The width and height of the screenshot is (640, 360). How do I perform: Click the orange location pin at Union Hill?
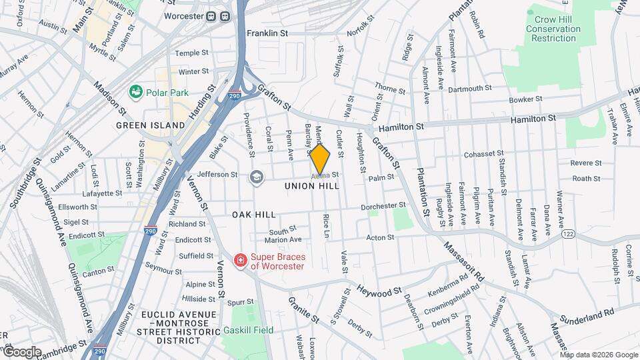tap(320, 159)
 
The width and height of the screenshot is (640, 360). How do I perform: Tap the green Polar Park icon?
tap(137, 91)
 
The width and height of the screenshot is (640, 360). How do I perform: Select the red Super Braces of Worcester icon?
tap(239, 260)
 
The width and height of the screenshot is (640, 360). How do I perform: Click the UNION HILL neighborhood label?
tap(312, 186)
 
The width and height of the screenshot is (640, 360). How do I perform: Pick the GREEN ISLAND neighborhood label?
tap(150, 125)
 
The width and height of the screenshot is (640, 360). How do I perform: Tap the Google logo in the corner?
tap(22, 351)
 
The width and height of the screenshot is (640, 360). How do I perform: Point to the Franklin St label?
tap(267, 32)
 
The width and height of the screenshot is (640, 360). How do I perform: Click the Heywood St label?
tap(379, 291)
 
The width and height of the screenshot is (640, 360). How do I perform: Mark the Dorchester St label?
tap(383, 206)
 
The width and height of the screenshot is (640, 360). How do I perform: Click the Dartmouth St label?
tap(469, 88)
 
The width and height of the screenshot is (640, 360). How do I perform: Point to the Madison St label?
tap(109, 97)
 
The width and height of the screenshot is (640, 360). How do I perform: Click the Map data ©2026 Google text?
tap(599, 355)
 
